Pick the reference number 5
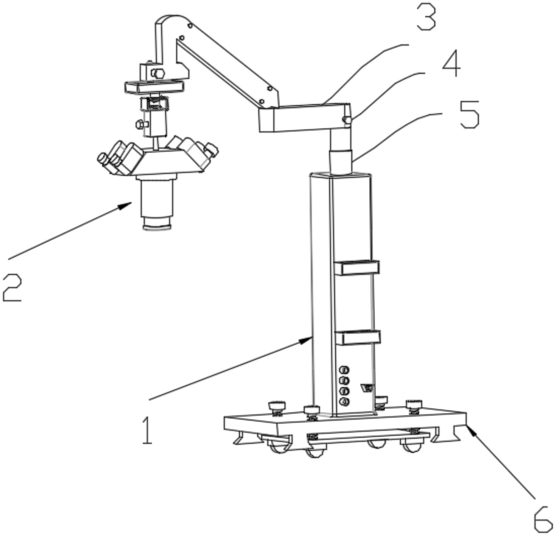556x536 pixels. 470,114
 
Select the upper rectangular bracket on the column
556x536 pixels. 357,268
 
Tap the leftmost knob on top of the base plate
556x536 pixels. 277,408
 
